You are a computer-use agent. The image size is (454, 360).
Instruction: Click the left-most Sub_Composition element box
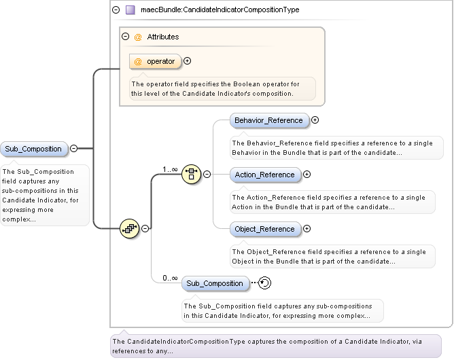(33, 149)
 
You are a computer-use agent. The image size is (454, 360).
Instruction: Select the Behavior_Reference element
(268, 121)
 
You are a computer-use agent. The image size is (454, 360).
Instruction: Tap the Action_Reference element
(264, 175)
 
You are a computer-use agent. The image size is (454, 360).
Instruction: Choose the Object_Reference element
(264, 229)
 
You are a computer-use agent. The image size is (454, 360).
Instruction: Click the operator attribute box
(156, 61)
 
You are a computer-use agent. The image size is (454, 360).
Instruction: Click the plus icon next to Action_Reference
(307, 175)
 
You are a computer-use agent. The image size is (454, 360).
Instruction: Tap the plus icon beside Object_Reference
(307, 229)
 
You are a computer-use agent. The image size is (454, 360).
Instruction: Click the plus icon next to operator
(188, 61)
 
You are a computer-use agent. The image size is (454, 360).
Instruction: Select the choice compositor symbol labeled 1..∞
(192, 175)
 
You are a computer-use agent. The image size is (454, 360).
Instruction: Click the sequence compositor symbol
(129, 229)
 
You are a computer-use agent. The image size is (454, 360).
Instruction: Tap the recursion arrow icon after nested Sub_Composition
(265, 283)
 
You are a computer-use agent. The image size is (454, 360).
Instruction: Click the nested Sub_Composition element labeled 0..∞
(215, 283)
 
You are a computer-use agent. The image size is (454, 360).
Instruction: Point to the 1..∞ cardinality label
(170, 169)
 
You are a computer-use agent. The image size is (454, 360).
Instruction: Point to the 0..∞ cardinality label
(170, 278)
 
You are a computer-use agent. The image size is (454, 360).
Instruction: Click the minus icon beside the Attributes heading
(125, 37)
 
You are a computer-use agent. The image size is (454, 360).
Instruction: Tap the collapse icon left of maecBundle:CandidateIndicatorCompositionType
(116, 10)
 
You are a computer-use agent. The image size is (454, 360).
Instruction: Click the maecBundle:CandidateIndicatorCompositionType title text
(220, 10)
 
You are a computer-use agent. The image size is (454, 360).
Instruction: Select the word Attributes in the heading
(163, 37)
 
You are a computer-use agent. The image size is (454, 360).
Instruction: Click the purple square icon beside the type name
(130, 10)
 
